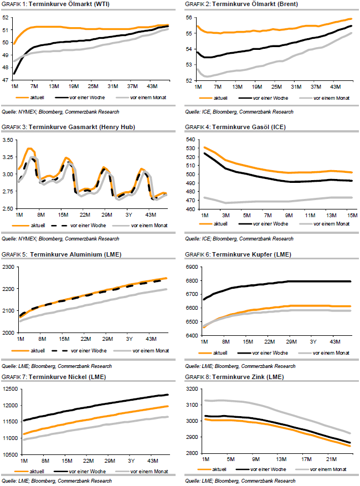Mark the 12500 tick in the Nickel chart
click(9, 390)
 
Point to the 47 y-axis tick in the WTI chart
click(7, 80)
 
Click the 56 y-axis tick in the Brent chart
click(190, 18)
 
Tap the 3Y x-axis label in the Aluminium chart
click(128, 338)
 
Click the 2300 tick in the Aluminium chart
click(9, 267)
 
